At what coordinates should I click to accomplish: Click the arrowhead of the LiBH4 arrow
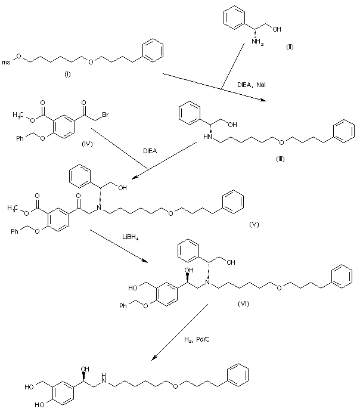tap(146, 262)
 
